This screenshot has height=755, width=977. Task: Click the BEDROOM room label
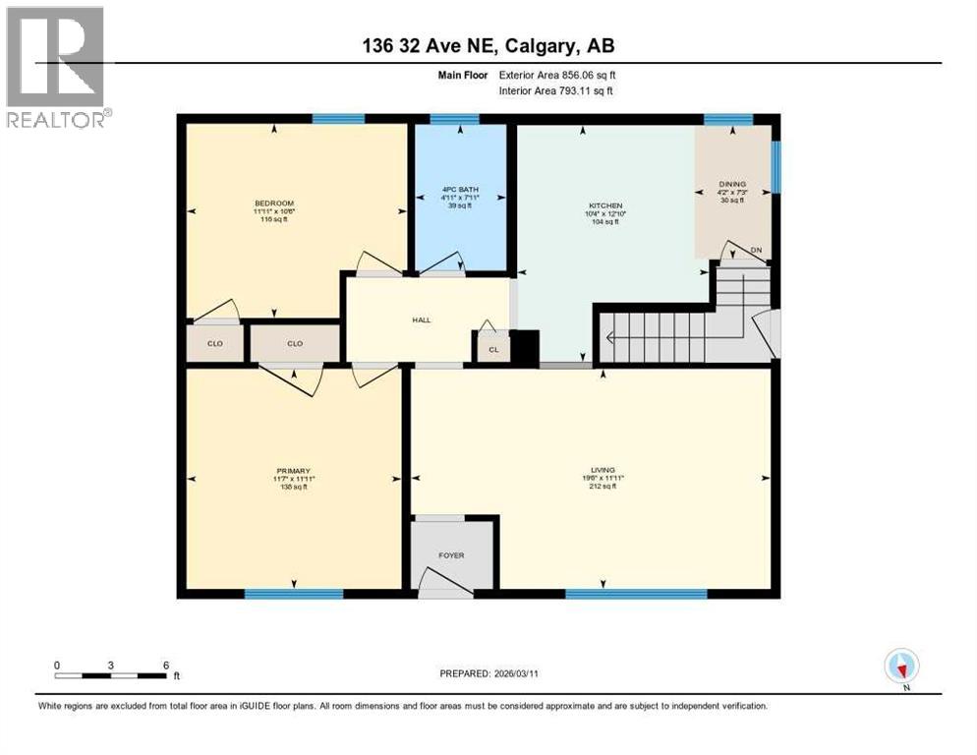click(275, 204)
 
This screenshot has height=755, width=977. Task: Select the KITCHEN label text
click(604, 205)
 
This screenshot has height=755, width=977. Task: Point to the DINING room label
click(732, 184)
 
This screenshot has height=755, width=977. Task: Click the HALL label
click(422, 319)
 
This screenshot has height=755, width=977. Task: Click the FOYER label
click(451, 555)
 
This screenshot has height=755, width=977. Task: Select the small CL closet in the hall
click(493, 349)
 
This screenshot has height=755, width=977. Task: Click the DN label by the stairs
click(756, 251)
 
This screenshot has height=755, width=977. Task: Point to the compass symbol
click(901, 666)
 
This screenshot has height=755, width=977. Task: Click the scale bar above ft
click(110, 675)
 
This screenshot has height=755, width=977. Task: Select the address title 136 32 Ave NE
click(488, 45)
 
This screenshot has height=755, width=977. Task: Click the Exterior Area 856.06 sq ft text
click(557, 75)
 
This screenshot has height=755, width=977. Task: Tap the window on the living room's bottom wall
click(636, 594)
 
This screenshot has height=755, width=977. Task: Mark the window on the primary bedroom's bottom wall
click(293, 594)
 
